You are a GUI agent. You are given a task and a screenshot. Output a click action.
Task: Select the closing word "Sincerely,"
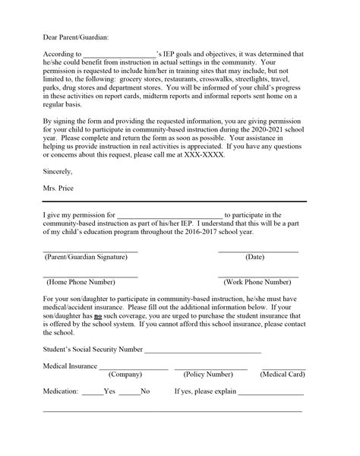(x=59, y=173)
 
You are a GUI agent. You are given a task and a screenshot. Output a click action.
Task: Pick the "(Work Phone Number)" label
(x=258, y=281)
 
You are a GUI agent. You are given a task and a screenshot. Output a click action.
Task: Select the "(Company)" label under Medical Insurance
(x=125, y=374)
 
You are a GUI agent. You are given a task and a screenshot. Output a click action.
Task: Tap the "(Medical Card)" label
(x=283, y=374)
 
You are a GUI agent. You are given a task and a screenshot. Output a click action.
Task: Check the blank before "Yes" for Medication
(x=92, y=392)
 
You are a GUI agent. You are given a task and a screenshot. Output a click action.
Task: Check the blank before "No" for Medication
(x=129, y=392)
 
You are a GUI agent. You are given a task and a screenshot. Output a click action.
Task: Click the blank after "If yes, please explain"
(x=271, y=392)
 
